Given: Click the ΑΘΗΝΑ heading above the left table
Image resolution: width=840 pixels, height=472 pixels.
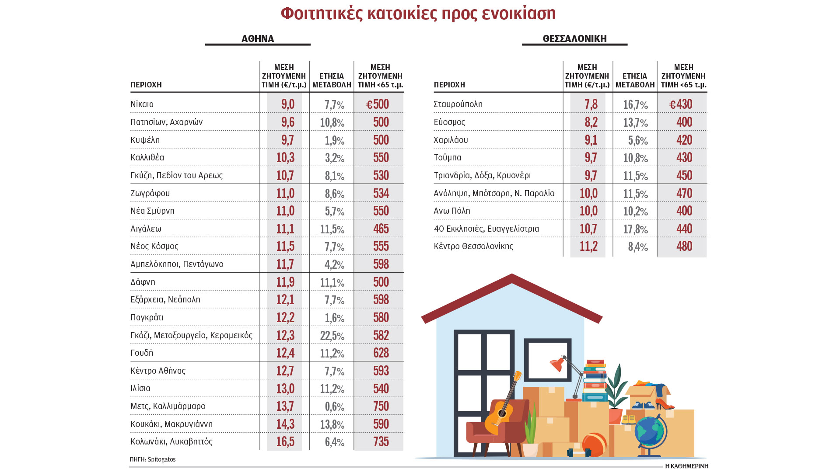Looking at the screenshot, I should point(258,38).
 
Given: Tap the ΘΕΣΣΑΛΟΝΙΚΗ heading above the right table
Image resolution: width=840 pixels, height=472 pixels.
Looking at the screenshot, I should point(574,38).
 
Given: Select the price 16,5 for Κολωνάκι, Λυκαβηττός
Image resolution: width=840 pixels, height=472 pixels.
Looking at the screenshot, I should point(285,441).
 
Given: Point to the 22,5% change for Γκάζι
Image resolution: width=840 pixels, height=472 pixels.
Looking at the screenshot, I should point(332,336).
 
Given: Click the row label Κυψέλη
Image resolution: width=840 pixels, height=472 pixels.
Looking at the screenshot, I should point(145,140).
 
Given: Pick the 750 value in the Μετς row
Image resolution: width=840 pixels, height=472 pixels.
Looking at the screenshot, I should point(381,406).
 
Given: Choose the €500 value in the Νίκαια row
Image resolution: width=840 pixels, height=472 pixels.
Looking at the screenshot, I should point(378,104).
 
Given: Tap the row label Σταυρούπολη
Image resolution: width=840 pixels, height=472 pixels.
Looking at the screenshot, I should point(458,104).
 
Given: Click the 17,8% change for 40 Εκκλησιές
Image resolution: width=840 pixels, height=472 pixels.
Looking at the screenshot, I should point(635,229).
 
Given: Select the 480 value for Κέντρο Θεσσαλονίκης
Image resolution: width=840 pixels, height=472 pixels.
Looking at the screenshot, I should point(684,246).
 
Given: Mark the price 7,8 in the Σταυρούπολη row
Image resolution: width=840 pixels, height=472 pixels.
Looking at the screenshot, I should point(591,104).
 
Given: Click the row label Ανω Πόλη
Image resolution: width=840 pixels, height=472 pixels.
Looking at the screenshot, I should point(452,211).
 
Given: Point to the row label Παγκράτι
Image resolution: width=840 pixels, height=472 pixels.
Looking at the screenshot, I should point(147,317).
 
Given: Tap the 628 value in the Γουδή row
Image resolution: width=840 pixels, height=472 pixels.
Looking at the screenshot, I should point(381,353).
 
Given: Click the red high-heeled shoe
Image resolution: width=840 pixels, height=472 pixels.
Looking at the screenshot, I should point(664,404).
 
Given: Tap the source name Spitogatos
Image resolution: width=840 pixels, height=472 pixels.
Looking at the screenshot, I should point(161,459).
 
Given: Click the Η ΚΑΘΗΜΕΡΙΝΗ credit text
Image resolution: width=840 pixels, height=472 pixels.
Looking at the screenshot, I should point(686,466).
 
